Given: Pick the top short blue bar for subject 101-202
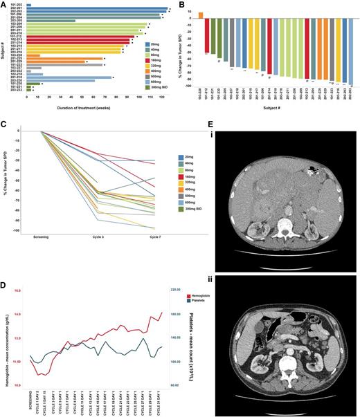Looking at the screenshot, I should pos(29,5).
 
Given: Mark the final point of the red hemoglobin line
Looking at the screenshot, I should pos(161,312).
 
